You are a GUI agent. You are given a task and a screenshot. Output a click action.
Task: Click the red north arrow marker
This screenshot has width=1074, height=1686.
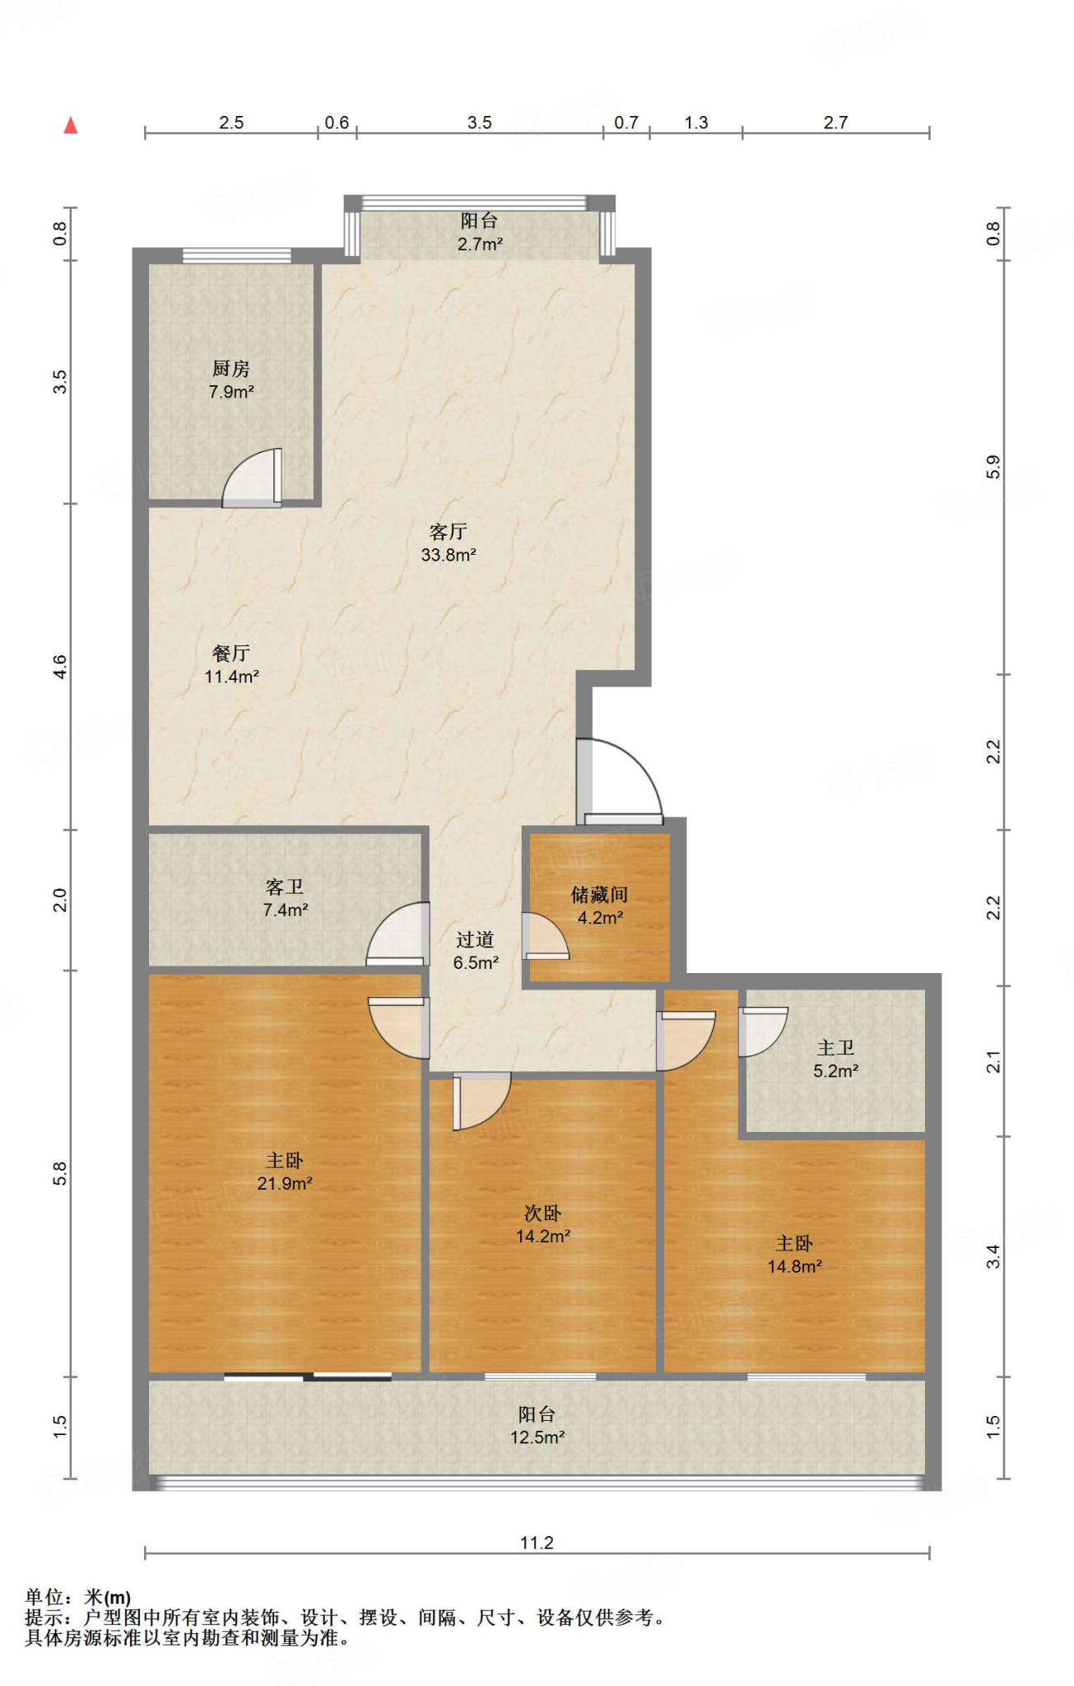pos(71,124)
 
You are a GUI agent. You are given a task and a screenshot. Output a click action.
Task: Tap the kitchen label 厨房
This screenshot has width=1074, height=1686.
pos(230,369)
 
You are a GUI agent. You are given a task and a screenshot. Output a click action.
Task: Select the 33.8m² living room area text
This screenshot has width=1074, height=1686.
pos(449,555)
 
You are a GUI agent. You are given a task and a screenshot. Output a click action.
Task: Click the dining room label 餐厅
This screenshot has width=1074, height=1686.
pos(231,654)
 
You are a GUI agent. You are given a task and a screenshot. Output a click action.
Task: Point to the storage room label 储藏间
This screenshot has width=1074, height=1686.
pos(599,895)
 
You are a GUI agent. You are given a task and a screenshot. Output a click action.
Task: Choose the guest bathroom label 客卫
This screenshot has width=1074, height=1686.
pos(285,887)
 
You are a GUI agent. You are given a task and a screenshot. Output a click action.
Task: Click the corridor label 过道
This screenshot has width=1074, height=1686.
pos(476,939)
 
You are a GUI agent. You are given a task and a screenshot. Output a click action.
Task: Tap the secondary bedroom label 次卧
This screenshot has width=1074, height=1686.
pos(543,1213)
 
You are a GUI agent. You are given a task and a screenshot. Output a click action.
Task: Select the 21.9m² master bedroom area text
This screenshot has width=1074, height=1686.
pos(285,1184)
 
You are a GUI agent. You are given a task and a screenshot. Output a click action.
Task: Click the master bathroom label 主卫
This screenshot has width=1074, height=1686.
pos(836,1048)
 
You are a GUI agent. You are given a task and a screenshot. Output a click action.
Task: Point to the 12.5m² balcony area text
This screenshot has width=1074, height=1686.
pos(537,1437)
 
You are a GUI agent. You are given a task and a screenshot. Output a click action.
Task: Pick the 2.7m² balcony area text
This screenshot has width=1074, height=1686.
pos(481,244)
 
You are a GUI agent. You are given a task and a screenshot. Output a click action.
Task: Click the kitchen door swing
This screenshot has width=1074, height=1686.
pos(251,478)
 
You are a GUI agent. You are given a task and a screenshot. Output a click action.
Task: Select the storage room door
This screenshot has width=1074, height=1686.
pos(545,937)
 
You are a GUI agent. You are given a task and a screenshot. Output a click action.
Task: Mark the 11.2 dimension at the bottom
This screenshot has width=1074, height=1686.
pos(537,1543)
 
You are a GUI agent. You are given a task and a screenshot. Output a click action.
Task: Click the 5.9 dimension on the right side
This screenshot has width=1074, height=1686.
pos(993,468)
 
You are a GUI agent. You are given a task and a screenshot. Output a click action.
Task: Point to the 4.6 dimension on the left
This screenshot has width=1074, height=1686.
pos(59,667)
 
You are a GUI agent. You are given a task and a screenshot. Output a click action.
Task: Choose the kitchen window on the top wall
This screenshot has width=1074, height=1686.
pos(237,255)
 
